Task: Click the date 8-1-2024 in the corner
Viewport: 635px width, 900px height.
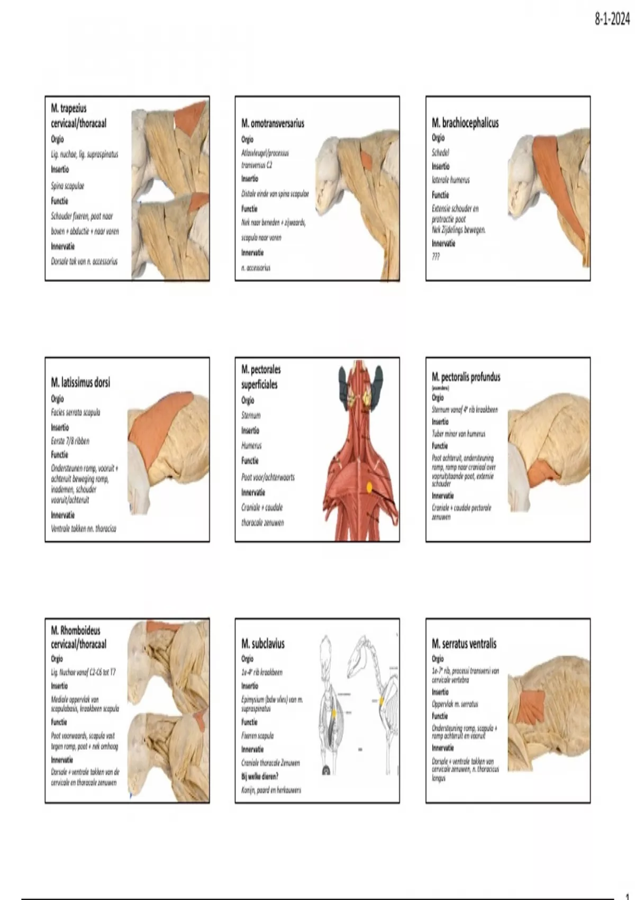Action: click(612, 20)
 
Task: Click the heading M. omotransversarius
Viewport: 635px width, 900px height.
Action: click(273, 123)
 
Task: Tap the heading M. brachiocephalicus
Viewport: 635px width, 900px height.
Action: click(465, 123)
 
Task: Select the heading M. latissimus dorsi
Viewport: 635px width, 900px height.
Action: click(80, 382)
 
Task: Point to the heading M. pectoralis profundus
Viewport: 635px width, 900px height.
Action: click(466, 377)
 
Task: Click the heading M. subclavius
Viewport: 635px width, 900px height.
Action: click(263, 644)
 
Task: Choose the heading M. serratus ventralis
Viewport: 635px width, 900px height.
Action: click(464, 644)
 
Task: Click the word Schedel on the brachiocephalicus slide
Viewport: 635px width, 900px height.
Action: click(440, 152)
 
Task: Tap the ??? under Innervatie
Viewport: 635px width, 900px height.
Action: click(436, 257)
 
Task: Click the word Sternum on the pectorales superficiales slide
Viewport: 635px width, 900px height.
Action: click(251, 416)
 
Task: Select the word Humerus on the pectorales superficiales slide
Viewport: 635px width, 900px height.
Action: click(251, 446)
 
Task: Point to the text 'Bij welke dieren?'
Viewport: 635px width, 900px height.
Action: click(260, 777)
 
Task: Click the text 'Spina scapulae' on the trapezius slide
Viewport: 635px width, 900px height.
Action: click(67, 186)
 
